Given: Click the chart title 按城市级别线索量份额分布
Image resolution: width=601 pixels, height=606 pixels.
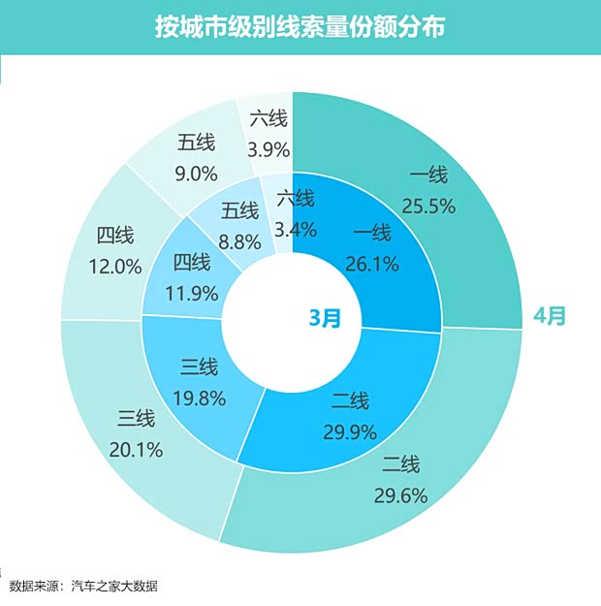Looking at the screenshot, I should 300,27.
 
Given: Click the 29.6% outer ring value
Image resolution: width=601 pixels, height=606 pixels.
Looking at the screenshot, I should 400,495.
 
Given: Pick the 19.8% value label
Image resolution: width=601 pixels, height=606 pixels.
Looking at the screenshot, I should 199,397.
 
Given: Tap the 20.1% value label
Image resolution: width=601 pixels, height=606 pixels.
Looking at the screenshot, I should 136,449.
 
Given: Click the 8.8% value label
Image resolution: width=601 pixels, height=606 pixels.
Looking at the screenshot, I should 239,239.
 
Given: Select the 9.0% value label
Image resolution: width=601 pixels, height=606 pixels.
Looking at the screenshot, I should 196,174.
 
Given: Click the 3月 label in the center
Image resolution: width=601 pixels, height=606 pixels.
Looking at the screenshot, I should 325,317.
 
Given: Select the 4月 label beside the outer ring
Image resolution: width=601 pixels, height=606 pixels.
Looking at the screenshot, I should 550,316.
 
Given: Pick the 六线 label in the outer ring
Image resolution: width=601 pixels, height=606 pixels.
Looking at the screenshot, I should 269,119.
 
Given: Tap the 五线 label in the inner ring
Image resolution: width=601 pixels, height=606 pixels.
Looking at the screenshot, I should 239,210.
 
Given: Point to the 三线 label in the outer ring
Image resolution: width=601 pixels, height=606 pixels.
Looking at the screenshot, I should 136,420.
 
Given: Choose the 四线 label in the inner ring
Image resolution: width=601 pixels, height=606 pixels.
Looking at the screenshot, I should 191,262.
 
